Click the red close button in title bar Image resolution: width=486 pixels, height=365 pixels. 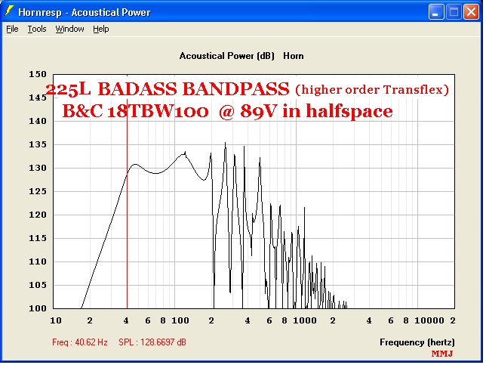(x=471, y=12)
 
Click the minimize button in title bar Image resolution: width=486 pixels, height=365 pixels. (x=436, y=12)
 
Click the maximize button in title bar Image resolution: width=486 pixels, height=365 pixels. (x=454, y=12)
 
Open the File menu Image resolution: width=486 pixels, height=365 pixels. (x=12, y=29)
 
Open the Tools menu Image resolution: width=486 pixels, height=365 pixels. (x=37, y=29)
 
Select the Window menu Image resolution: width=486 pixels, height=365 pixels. (x=69, y=29)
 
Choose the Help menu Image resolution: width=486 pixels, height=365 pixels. (x=101, y=29)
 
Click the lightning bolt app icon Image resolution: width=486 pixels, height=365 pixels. (x=9, y=11)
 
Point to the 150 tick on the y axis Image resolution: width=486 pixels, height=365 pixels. (x=38, y=74)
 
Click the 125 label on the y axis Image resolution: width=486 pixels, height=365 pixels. (x=38, y=191)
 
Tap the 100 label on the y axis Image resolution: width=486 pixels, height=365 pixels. (x=38, y=308)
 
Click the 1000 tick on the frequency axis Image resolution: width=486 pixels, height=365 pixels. (x=305, y=320)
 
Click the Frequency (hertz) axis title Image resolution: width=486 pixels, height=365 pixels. (x=417, y=342)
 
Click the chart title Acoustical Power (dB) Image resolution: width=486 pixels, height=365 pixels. (x=227, y=56)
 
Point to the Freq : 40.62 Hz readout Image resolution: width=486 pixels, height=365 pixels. (x=80, y=342)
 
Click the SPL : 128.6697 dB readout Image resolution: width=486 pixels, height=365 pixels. (x=152, y=342)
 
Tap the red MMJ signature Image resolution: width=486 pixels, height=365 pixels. (x=442, y=354)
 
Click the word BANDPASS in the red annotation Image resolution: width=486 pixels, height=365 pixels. (x=236, y=89)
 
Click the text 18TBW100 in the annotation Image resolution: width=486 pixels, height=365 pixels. (x=158, y=111)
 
